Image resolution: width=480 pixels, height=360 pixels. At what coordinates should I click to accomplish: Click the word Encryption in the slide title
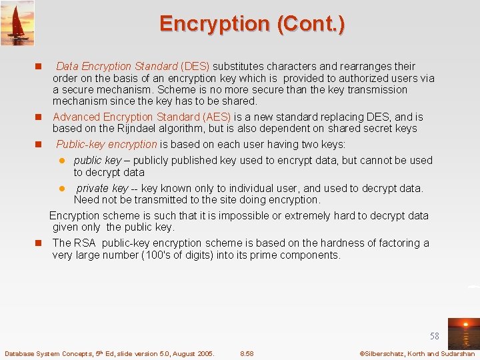213,24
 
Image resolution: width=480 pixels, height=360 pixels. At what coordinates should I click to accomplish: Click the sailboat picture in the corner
17,23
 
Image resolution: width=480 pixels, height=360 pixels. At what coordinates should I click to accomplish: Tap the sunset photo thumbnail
463,333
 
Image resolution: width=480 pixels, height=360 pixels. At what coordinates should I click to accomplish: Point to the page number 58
435,337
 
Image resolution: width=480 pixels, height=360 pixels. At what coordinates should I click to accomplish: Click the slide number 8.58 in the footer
247,353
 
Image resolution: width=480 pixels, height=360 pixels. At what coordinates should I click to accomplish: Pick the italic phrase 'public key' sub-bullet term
97,161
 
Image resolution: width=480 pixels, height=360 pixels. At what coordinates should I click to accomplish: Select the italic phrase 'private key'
102,189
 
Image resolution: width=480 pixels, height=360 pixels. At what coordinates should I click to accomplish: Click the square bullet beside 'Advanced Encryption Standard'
39,117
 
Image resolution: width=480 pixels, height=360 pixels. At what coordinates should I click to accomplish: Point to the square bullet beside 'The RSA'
39,243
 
